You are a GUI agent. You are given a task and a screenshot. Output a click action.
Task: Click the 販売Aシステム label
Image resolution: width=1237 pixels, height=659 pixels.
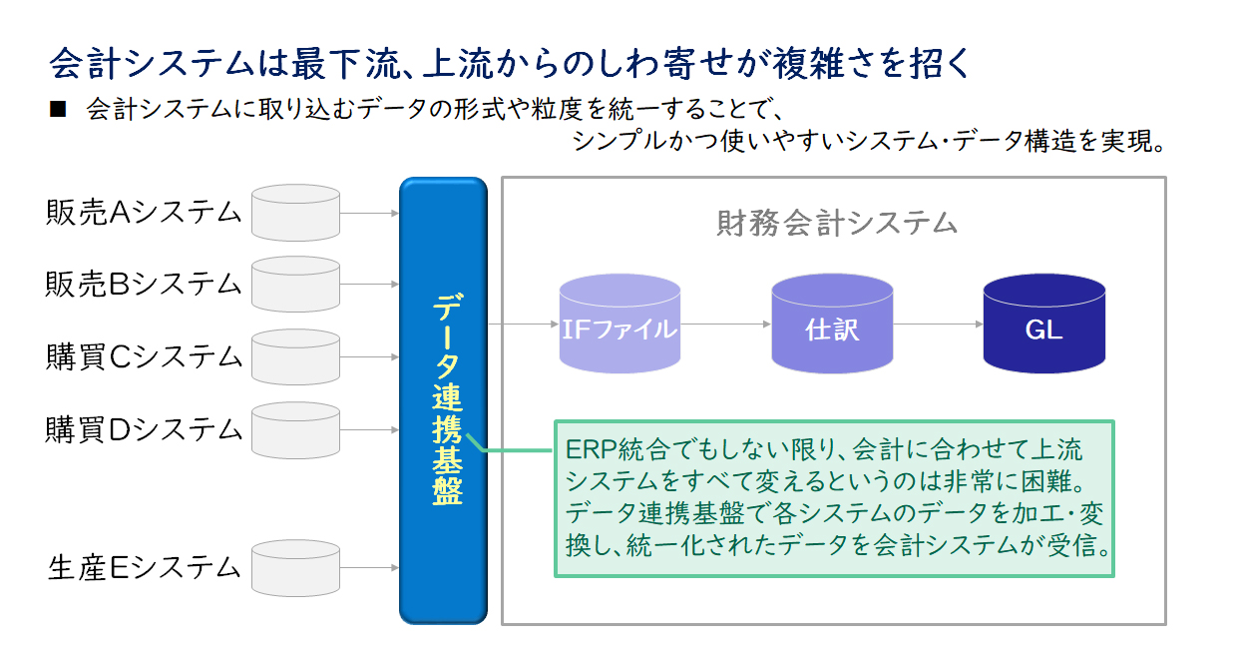coord(144,213)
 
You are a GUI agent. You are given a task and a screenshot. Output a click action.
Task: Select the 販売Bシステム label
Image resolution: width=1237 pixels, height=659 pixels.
coord(144,285)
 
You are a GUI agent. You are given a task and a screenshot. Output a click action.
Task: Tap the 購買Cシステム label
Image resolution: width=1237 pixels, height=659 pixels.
coord(144,356)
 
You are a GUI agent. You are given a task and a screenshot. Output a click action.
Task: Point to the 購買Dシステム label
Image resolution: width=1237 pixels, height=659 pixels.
coord(144,429)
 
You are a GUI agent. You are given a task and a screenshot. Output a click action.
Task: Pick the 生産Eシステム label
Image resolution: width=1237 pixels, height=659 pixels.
coord(144,568)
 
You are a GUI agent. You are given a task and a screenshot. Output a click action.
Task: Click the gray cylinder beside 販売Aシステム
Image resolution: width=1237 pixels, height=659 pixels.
coord(295,213)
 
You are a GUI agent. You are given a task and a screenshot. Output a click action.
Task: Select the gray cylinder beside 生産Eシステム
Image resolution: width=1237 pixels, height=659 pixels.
coord(295,568)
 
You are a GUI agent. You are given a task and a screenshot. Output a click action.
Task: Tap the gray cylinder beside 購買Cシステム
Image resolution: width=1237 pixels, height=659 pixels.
coord(295,357)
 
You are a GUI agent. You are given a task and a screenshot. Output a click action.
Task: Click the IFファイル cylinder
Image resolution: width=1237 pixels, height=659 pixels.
coord(619,324)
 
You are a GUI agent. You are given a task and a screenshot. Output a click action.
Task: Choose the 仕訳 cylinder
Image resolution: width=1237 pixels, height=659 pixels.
coord(832,324)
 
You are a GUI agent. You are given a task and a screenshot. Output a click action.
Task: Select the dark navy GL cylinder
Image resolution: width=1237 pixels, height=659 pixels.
coord(1044,324)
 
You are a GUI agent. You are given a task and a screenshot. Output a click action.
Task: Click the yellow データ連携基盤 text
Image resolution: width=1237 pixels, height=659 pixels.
coord(446,399)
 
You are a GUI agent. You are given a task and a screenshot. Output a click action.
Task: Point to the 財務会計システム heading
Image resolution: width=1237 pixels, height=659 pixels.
coord(837,224)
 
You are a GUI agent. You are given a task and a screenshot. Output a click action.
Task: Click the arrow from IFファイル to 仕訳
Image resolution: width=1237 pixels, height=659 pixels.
coord(726,324)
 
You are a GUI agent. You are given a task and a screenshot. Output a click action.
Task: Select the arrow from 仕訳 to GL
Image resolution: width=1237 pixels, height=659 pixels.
coord(939,324)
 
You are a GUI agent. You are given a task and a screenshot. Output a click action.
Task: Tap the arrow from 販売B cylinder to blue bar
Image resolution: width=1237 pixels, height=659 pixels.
coord(369,285)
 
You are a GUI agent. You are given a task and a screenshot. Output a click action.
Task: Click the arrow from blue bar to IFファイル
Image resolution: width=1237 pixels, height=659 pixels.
coord(524,324)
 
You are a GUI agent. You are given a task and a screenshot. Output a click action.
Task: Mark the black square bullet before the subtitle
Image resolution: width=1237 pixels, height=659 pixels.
coord(58,109)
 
